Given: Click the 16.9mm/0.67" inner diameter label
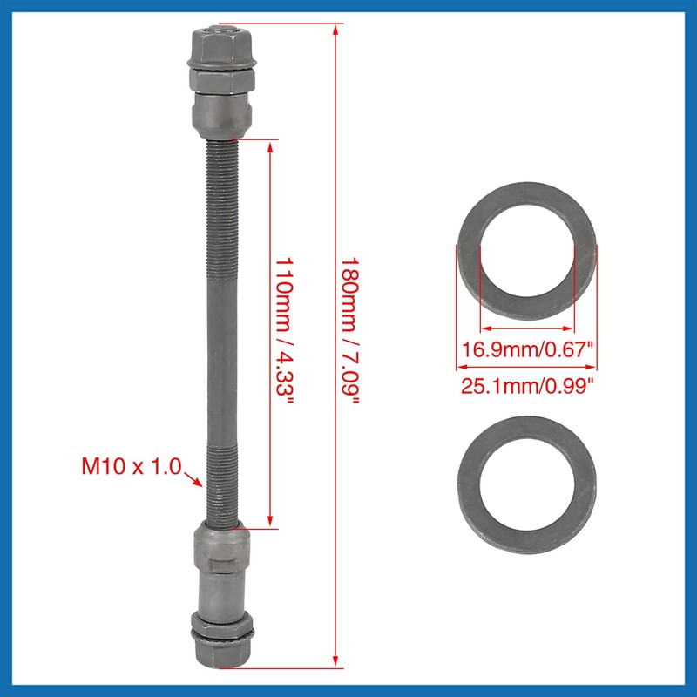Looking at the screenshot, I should click(527, 351).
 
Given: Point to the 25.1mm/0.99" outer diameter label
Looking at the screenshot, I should click(527, 384).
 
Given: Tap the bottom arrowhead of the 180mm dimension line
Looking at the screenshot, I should click(336, 664).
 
